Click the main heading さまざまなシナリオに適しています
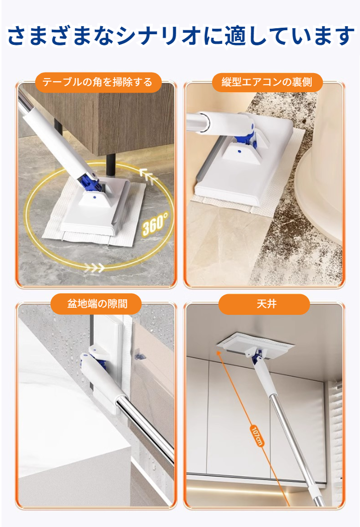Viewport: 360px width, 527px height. coord(180,36)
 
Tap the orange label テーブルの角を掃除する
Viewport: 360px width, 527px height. coord(97,82)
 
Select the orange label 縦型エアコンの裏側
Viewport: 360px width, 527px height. coord(267,82)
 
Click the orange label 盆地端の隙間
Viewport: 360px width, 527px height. coord(97,304)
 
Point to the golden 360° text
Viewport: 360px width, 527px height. coord(155,224)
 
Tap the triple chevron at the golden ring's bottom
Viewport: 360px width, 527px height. coord(94,267)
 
